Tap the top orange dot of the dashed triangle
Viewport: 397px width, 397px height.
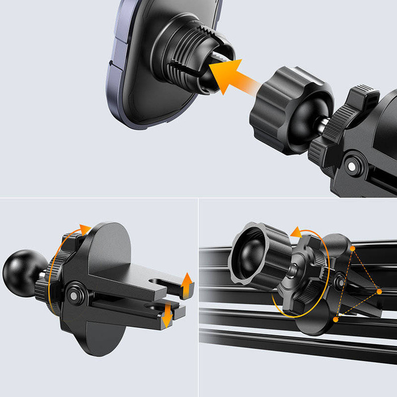pyautogui.click(x=353, y=248)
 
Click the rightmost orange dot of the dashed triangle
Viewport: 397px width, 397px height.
pyautogui.click(x=379, y=292)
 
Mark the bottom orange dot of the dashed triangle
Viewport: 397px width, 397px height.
pyautogui.click(x=336, y=320)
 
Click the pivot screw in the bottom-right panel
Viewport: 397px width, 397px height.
pyautogui.click(x=340, y=280)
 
